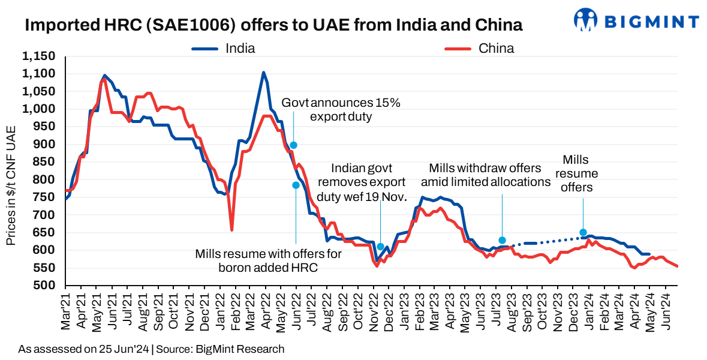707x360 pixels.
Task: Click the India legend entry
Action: [240, 49]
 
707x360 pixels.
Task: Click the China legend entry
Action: [495, 49]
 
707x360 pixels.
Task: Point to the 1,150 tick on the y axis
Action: [38, 56]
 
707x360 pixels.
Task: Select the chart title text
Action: [273, 25]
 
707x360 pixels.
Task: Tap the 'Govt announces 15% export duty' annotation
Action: [341, 109]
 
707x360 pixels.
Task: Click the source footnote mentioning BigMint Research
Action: [151, 349]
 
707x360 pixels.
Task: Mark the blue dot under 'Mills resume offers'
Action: [583, 232]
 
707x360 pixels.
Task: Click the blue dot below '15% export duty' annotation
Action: [293, 145]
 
